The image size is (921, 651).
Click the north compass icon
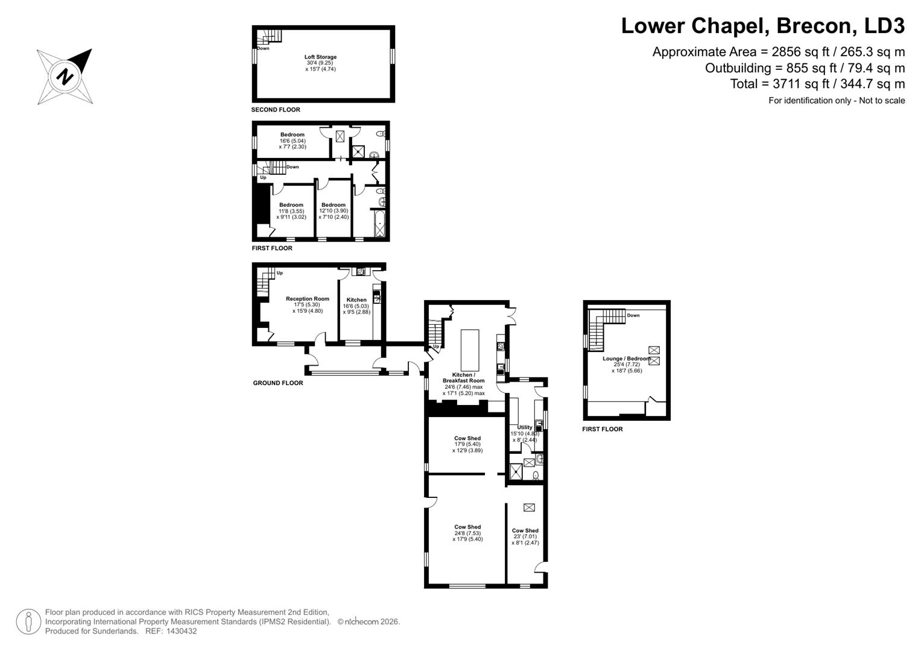pyautogui.click(x=65, y=77)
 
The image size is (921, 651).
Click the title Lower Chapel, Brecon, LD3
pyautogui.click(x=762, y=27)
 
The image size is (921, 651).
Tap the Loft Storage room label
pyautogui.click(x=321, y=57)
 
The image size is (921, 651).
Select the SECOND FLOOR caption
pyautogui.click(x=276, y=110)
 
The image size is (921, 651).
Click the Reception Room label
pyautogui.click(x=308, y=299)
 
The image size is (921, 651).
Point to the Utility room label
pyautogui.click(x=525, y=427)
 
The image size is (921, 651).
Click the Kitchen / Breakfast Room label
pyautogui.click(x=463, y=378)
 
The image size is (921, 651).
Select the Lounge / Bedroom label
pyautogui.click(x=626, y=359)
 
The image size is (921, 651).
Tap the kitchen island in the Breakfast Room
pyautogui.click(x=470, y=350)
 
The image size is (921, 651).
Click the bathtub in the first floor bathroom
pyautogui.click(x=379, y=224)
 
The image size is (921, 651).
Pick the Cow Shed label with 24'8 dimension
pyautogui.click(x=467, y=527)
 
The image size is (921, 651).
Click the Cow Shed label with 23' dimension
pyautogui.click(x=525, y=531)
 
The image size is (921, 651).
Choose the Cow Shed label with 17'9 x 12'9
pyautogui.click(x=467, y=439)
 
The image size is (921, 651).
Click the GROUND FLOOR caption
pyautogui.click(x=278, y=383)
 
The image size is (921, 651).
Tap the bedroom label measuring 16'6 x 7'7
pyautogui.click(x=293, y=135)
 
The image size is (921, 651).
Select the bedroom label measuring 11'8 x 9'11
pyautogui.click(x=291, y=205)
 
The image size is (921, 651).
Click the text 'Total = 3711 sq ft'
pyautogui.click(x=817, y=84)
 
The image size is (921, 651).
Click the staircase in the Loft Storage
pyautogui.click(x=273, y=36)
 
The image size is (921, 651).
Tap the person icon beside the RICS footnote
pyautogui.click(x=28, y=621)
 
